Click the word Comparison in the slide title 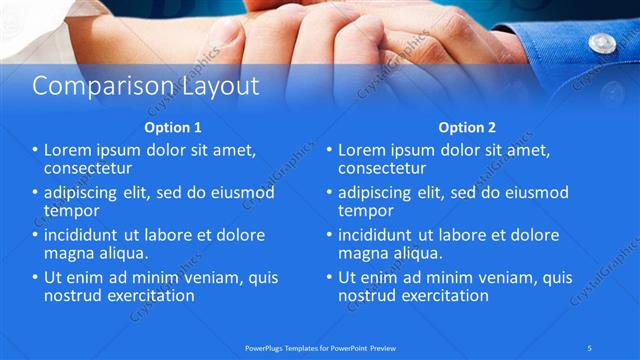tap(88, 86)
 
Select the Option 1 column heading tap(172, 128)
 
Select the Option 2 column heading tap(467, 128)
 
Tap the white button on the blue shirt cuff tap(602, 42)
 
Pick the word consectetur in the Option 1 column tap(88, 168)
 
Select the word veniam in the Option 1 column tap(227, 278)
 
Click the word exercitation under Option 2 tap(444, 296)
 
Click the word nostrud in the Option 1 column tap(71, 296)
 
